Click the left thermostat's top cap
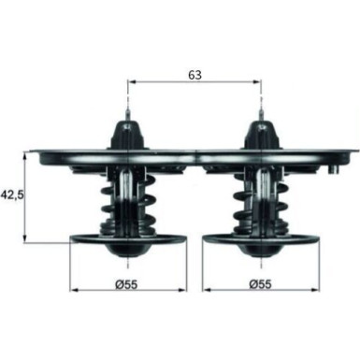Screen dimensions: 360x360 (x=124, y=129)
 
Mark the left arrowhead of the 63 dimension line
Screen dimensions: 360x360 (x=129, y=82)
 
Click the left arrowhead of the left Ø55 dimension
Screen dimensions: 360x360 (x=75, y=284)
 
